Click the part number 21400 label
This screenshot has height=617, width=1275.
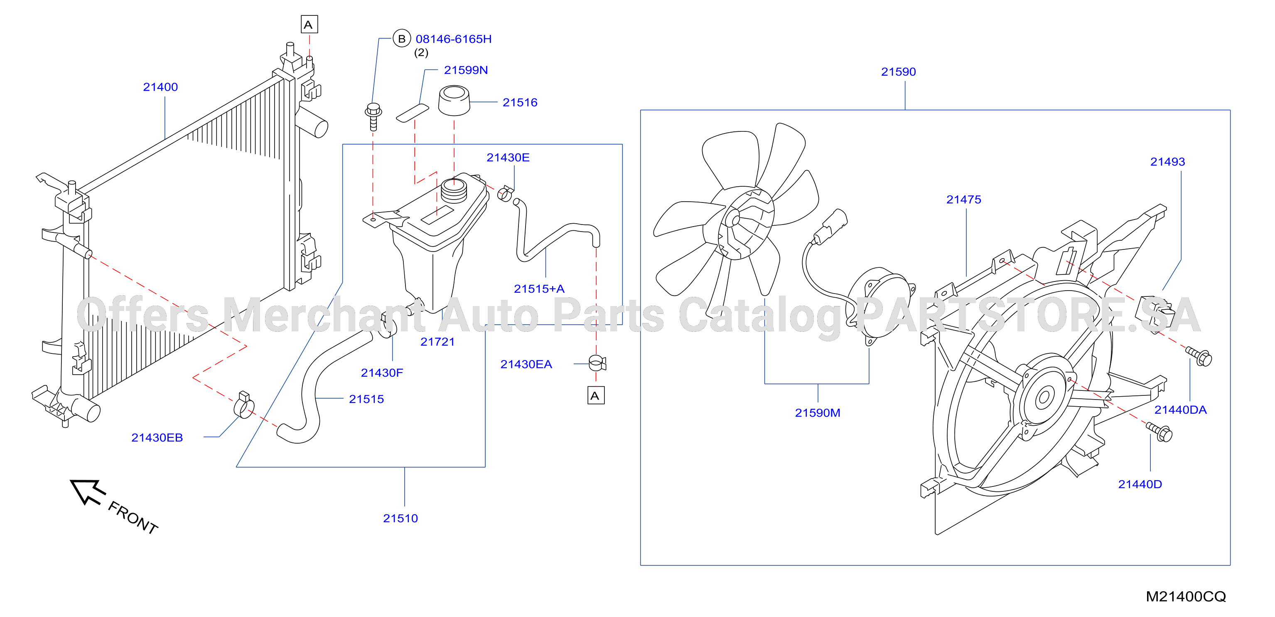click(x=160, y=87)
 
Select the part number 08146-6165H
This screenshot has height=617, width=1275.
click(x=453, y=39)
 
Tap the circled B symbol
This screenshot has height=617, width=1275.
click(x=401, y=39)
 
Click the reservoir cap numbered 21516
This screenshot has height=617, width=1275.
click(x=454, y=101)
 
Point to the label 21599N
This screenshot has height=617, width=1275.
click(x=466, y=70)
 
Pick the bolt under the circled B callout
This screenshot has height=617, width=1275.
click(x=373, y=116)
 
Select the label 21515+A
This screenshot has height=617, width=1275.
click(x=539, y=289)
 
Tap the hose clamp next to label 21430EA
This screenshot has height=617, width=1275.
click(x=597, y=363)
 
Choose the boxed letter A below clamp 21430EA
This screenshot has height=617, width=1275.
click(x=596, y=396)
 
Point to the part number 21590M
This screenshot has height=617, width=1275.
click(x=818, y=413)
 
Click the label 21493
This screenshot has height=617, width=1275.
click(x=1167, y=162)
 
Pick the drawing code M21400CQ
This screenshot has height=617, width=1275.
click(x=1186, y=597)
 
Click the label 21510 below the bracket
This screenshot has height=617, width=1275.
click(x=400, y=518)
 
